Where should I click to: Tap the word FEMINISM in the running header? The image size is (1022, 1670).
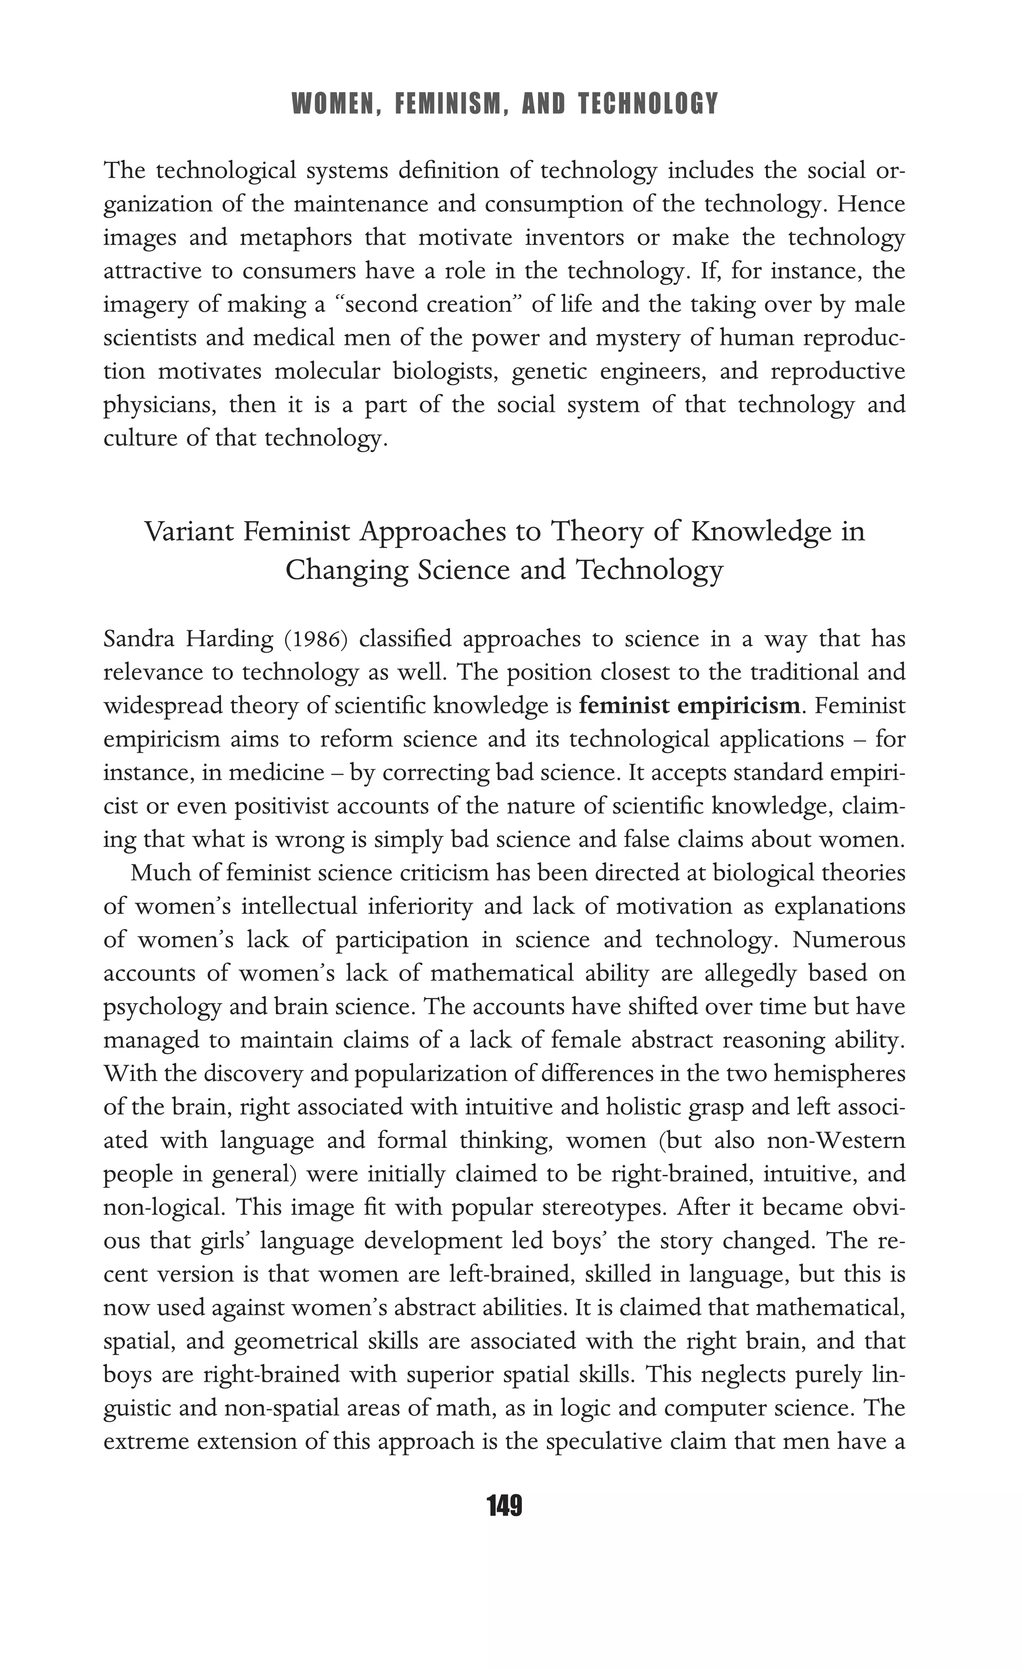[x=449, y=104]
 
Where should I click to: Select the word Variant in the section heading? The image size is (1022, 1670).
[x=189, y=532]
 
